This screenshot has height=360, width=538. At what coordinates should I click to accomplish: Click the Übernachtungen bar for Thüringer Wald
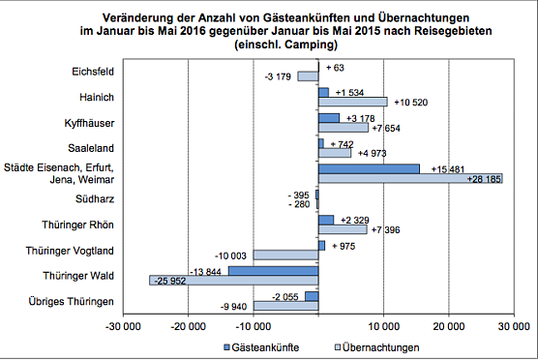[234, 281]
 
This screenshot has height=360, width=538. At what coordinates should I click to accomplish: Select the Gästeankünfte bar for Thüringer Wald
[273, 271]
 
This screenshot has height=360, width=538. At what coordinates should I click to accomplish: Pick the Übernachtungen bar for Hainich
[352, 102]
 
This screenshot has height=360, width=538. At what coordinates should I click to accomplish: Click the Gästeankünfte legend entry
[260, 346]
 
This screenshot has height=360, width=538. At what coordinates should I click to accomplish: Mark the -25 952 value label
[173, 281]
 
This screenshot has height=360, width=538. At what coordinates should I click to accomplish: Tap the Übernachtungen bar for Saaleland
[335, 152]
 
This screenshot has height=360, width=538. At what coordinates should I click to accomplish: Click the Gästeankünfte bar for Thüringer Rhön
[326, 220]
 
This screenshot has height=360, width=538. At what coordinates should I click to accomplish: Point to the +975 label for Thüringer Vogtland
[345, 246]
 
